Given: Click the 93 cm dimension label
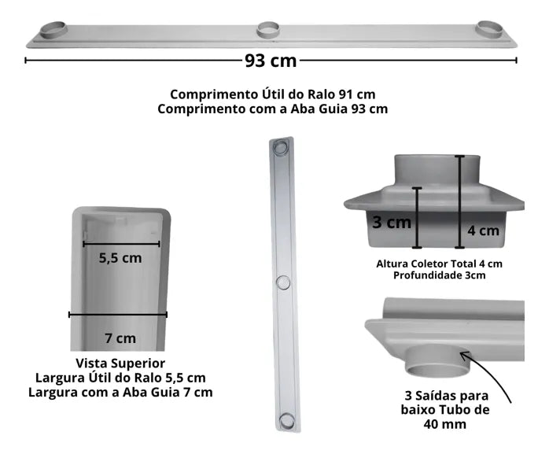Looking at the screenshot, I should click(271, 60).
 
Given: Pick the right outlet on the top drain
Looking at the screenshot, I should click(490, 28).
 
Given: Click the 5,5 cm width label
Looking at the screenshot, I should click(120, 257).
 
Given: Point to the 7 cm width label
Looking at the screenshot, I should click(120, 338).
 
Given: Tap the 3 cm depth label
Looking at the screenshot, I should click(392, 223).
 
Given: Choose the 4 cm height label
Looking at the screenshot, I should click(483, 231).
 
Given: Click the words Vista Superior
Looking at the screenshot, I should click(120, 364).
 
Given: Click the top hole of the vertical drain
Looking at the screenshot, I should click(281, 149).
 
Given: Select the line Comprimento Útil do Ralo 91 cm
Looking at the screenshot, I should click(272, 94).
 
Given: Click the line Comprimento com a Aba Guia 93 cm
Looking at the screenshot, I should click(272, 109).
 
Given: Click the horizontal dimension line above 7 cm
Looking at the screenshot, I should click(118, 315).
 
